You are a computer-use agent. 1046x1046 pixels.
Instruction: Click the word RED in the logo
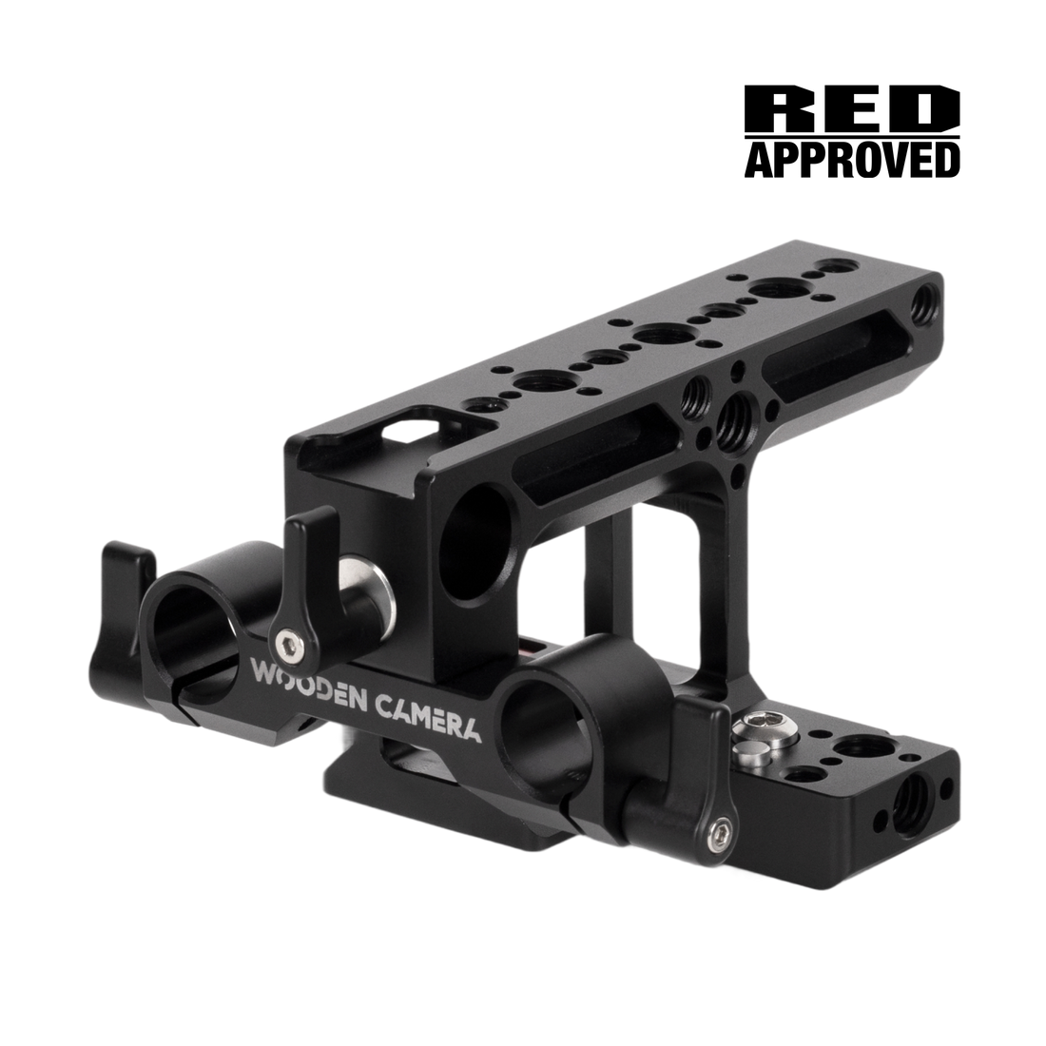click(x=852, y=108)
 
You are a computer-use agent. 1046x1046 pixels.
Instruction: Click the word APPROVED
click(x=852, y=159)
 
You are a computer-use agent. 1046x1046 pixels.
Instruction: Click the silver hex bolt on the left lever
click(x=289, y=643)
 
